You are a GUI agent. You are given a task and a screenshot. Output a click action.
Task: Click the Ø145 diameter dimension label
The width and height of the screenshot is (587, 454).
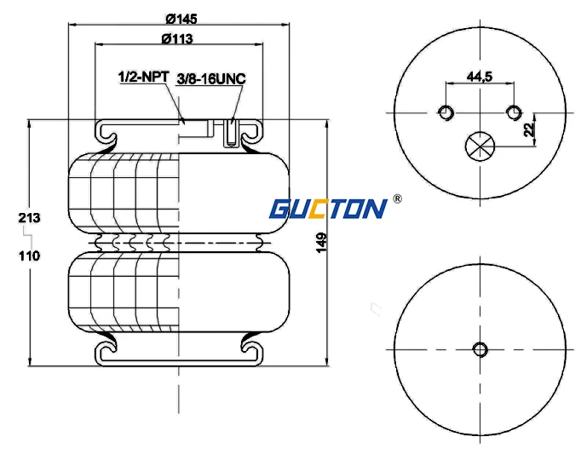[x=181, y=19]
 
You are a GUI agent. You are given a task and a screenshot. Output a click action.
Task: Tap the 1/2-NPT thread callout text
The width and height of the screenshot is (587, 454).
[x=142, y=78]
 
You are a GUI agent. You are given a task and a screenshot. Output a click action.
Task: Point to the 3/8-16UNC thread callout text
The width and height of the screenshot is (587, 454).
[x=210, y=78]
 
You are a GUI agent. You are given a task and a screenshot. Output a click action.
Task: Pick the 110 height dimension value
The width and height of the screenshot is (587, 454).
[x=29, y=255]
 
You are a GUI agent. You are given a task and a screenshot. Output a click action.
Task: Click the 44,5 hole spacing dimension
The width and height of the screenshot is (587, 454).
[x=480, y=77]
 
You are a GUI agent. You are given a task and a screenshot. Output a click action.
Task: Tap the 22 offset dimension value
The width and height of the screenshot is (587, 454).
[x=529, y=129]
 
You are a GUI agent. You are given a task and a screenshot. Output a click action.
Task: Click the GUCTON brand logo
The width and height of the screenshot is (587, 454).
[x=328, y=208]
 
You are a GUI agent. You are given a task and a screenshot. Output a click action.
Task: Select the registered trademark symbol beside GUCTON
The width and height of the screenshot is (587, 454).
[x=397, y=200]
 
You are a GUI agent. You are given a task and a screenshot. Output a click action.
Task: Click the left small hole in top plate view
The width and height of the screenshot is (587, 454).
[x=446, y=112]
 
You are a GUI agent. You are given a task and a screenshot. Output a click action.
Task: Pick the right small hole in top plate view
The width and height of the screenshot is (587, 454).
[x=513, y=112]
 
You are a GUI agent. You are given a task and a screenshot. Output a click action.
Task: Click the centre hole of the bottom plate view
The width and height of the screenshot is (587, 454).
[x=480, y=348]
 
